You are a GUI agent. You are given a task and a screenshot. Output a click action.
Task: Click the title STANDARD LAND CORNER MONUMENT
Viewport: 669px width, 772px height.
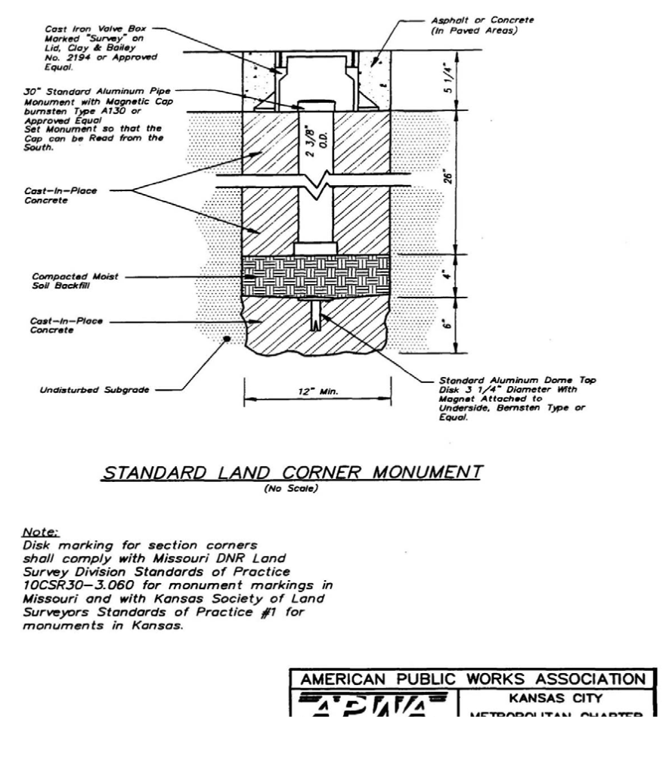pos(292,473)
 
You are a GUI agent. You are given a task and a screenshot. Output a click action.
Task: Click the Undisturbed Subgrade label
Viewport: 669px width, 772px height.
pos(82,391)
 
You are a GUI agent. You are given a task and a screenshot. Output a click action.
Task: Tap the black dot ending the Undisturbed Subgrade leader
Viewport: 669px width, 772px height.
pos(226,340)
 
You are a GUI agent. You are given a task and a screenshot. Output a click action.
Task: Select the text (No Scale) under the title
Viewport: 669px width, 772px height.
pos(292,489)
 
